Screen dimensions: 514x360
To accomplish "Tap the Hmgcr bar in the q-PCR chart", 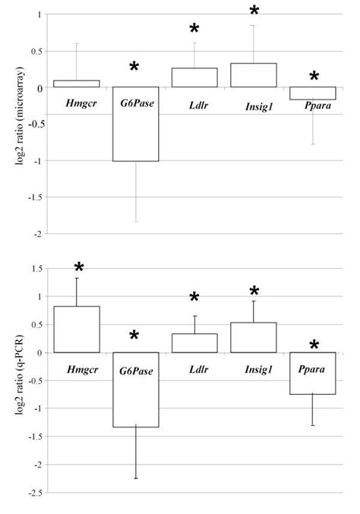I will pyautogui.click(x=77, y=329).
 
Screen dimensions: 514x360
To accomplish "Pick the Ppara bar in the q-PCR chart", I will pyautogui.click(x=312, y=373).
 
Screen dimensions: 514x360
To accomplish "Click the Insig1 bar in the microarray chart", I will pyautogui.click(x=253, y=75).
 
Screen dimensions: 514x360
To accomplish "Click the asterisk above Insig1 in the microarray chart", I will pyautogui.click(x=254, y=11).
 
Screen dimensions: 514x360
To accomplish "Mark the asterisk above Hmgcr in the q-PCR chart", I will pyautogui.click(x=78, y=268).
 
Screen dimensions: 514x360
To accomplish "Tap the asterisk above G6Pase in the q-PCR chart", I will pyautogui.click(x=134, y=336).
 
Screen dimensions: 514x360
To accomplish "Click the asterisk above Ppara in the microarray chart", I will pyautogui.click(x=314, y=77).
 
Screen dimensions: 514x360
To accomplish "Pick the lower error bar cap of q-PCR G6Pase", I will pyautogui.click(x=135, y=478).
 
